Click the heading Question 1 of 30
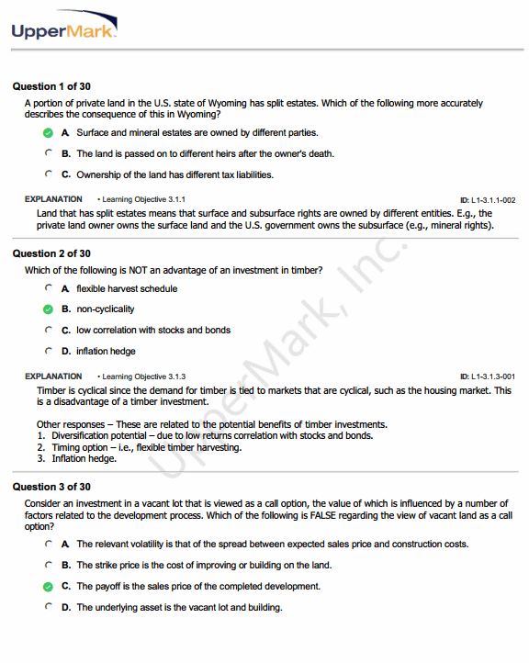pos(51,86)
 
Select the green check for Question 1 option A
pos(48,133)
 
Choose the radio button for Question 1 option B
pos(48,153)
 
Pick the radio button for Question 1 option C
pos(48,174)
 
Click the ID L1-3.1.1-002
pos(487,199)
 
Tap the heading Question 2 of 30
pos(51,253)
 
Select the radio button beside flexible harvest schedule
pos(48,288)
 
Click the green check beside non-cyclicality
pos(48,309)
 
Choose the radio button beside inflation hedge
pos(48,351)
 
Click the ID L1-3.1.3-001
pos(487,376)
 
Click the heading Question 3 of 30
pos(51,487)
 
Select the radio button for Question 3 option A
pos(48,544)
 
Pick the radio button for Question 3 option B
pos(48,565)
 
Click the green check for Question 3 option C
pos(48,586)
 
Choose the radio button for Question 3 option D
pos(48,607)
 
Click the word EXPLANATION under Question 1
pos(53,198)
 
